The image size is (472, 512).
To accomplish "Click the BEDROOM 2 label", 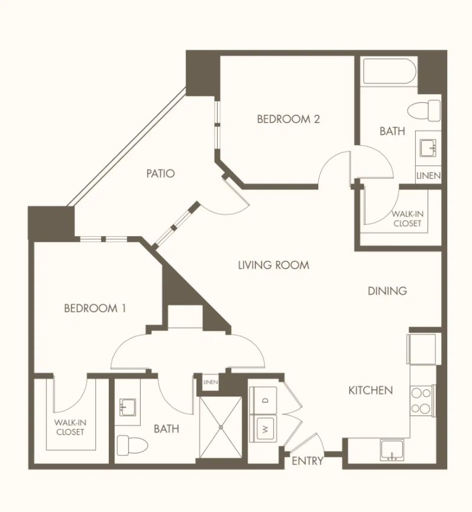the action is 289,119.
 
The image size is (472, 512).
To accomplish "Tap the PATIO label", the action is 160,173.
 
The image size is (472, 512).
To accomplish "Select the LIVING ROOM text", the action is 274,265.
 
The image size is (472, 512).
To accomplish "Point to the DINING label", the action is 387,291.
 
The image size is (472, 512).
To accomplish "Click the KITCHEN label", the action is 370,390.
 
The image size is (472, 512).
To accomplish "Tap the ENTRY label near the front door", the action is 307,461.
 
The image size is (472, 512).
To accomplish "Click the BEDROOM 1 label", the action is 95,308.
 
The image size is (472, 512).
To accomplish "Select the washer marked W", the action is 264,429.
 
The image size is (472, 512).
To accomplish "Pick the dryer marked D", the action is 264,401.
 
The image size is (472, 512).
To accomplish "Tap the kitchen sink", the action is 392,450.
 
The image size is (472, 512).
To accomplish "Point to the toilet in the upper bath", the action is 424,110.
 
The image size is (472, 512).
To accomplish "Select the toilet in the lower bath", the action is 132,445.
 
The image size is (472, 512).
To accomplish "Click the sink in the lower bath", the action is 128,407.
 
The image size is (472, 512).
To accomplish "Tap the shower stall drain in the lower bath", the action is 221,427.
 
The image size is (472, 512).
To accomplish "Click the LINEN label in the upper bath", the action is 428,176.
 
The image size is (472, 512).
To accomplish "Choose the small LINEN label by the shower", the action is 211,382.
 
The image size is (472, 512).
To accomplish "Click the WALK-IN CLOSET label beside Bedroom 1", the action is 70,427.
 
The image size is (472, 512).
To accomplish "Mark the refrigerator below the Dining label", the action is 422,349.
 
